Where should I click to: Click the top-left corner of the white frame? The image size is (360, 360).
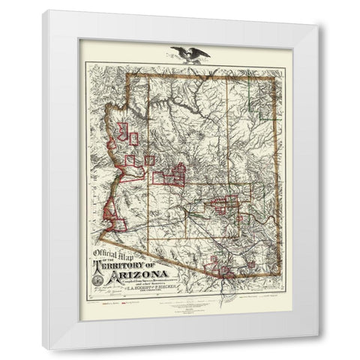point(43,10)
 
